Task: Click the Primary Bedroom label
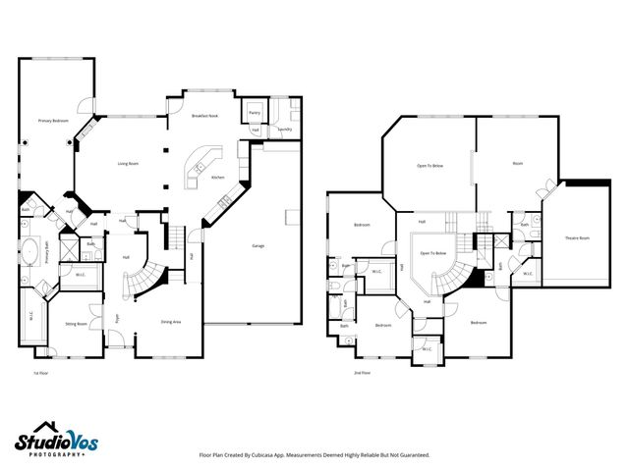click(53, 121)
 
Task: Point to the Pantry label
click(255, 114)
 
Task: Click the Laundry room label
click(284, 129)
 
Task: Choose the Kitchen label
click(217, 178)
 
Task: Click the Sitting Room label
click(76, 323)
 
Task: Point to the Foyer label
click(116, 317)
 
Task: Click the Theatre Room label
click(576, 238)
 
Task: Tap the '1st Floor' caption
click(40, 374)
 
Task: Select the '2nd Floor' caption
click(363, 374)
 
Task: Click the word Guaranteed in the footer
click(412, 455)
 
